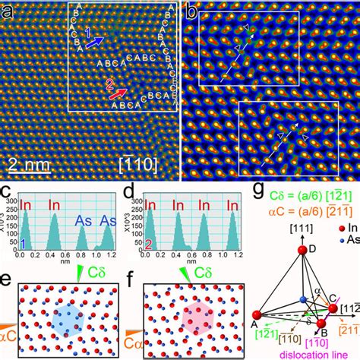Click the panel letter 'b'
193,11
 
